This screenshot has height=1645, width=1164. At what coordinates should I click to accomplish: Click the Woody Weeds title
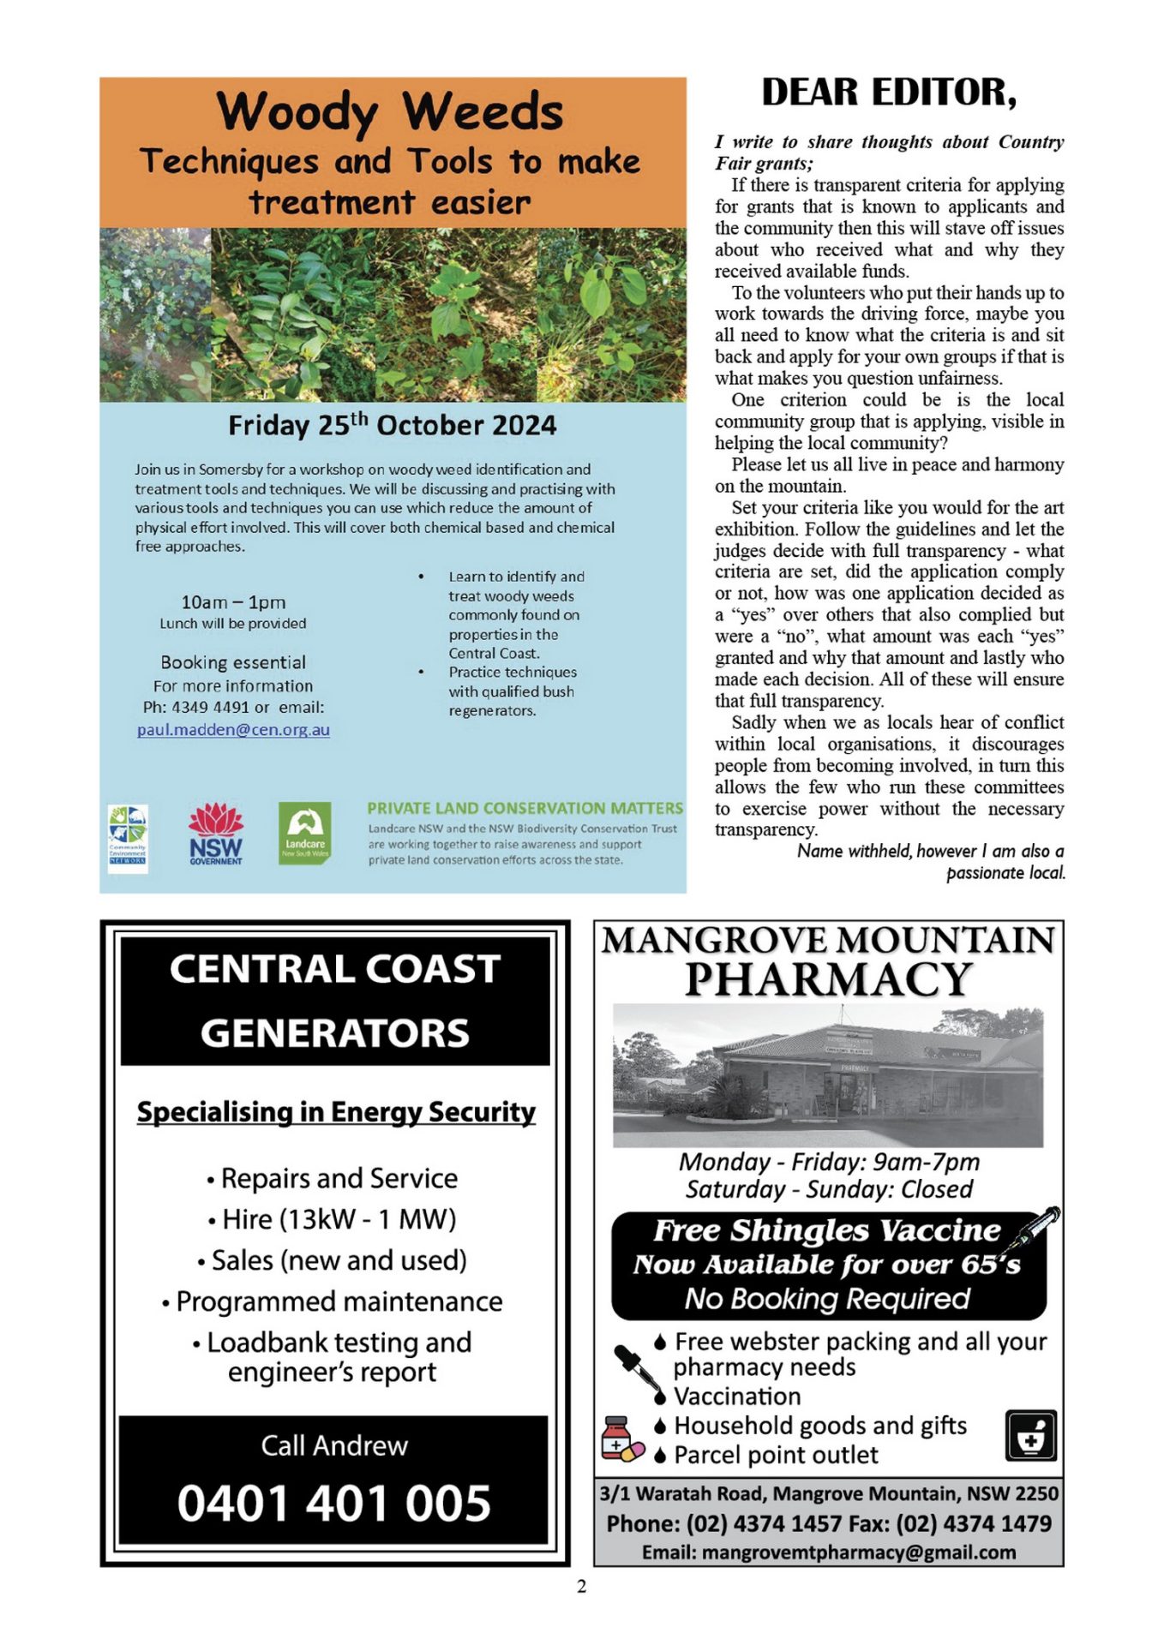pos(390,111)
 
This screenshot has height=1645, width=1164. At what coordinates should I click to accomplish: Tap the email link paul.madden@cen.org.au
pos(233,730)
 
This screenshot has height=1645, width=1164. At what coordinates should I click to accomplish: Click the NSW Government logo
pos(216,834)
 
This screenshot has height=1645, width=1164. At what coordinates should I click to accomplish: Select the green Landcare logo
pos(304,834)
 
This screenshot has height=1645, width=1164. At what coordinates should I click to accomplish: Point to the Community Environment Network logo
pos(128,838)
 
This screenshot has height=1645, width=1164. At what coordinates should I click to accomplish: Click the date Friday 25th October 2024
pos(392,425)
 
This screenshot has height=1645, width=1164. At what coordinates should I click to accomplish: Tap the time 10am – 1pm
pos(233,602)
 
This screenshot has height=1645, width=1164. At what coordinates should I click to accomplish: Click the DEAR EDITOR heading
pos(889,93)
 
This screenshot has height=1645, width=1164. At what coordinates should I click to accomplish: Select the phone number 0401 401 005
pos(333,1503)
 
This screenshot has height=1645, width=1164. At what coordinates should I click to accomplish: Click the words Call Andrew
pos(334,1445)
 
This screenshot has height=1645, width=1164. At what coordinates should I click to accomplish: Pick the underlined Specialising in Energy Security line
pos(336,1111)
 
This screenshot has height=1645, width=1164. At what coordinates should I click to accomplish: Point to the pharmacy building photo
pos(828,1075)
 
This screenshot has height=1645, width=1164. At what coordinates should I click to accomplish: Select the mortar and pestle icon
pos(1030,1435)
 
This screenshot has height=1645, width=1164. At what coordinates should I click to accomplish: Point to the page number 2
pos(582,1586)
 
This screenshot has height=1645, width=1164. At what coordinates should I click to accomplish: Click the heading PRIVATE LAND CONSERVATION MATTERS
pos(525,808)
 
